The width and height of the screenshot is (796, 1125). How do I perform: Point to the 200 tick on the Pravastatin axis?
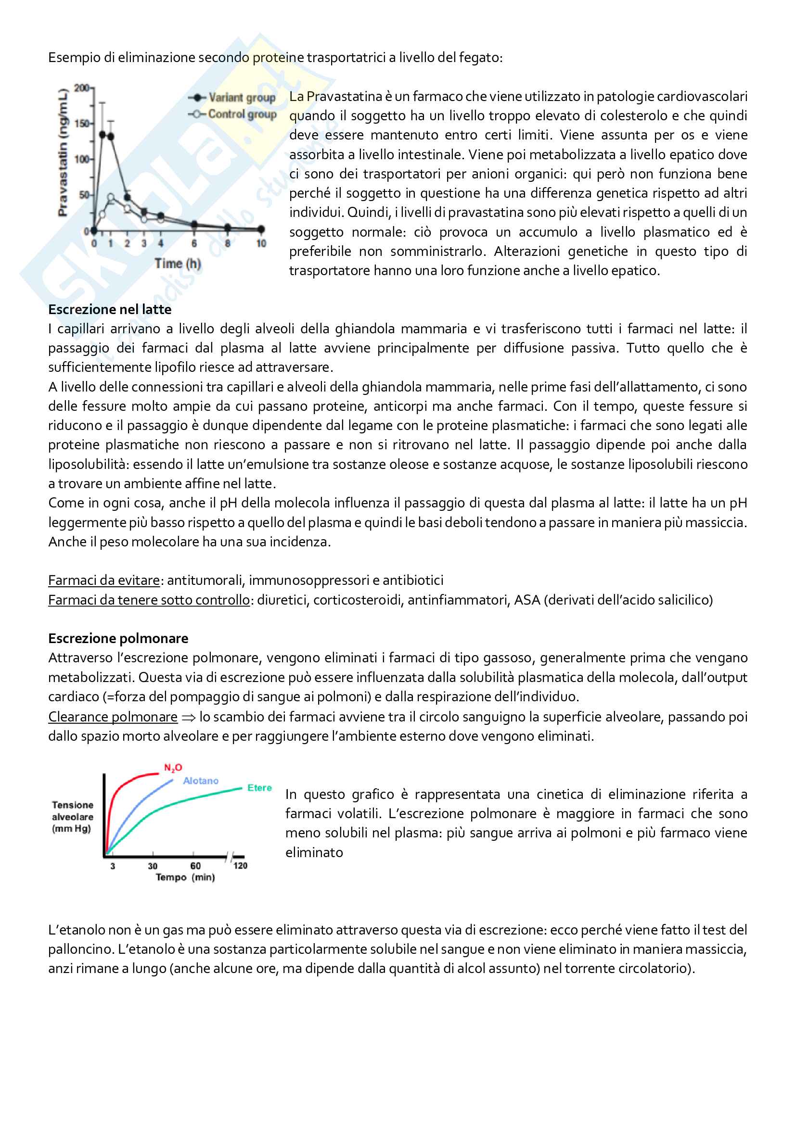tap(81, 88)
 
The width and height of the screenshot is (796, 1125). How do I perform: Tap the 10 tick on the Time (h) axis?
tap(261, 243)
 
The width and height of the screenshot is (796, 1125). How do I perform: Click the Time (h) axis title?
tap(178, 264)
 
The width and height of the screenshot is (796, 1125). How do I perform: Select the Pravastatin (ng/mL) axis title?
tap(62, 152)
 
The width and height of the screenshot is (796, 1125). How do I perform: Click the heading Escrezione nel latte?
tap(110, 310)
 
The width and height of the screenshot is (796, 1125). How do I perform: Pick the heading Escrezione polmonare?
tap(118, 638)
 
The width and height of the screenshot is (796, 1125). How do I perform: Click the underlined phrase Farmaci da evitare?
tap(104, 581)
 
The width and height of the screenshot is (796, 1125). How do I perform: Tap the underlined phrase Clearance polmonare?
tap(113, 717)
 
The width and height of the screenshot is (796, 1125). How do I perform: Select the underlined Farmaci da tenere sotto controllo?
tap(149, 600)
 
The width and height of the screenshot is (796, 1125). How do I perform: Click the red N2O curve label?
tap(173, 768)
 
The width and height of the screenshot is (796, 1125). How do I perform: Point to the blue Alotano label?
tap(201, 781)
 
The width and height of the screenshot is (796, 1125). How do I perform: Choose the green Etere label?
tap(259, 788)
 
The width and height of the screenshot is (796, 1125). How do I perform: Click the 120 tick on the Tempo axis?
tap(240, 866)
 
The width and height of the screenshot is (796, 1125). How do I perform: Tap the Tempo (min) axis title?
tap(185, 877)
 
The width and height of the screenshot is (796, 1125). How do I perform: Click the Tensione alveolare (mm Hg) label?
tap(73, 817)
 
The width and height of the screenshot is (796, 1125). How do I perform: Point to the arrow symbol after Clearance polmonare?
tap(188, 718)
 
